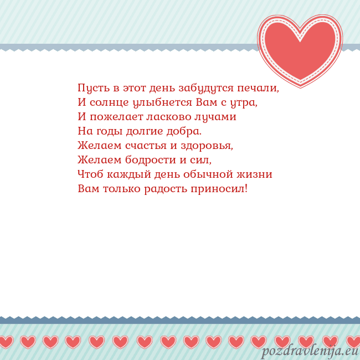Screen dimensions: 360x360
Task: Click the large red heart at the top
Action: [300, 49]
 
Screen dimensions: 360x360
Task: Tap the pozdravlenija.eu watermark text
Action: [310, 351]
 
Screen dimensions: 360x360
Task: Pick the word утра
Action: [245, 102]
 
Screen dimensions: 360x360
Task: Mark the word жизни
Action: [254, 174]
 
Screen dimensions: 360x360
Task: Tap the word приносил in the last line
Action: [219, 189]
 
